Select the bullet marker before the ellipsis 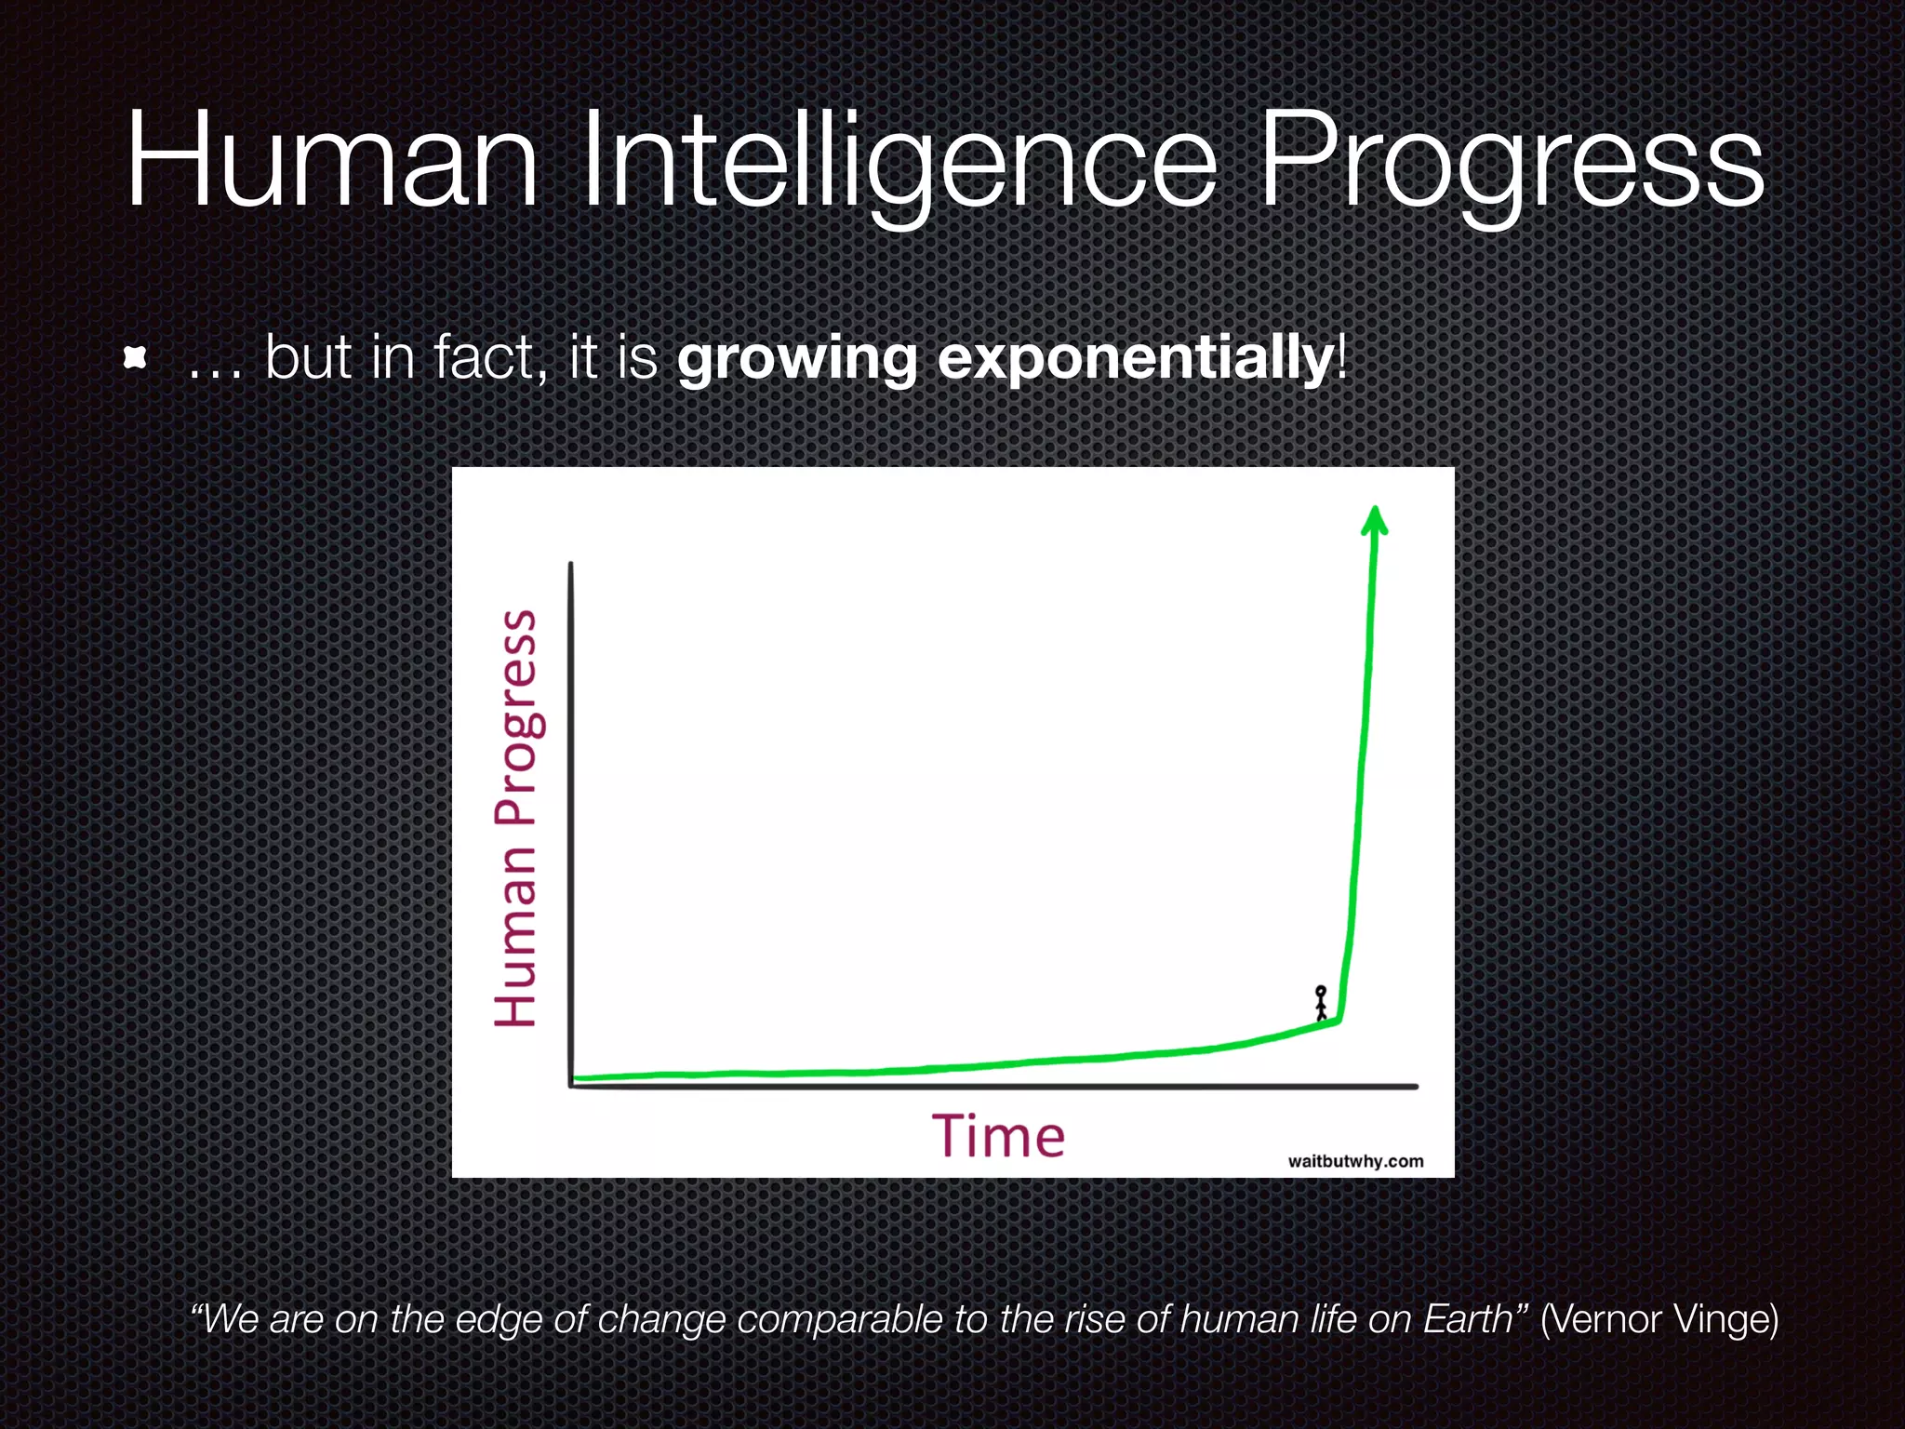click(x=136, y=358)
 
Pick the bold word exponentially click(x=1135, y=358)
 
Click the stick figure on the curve click(x=1320, y=1003)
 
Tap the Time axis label click(x=998, y=1137)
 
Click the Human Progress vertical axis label click(x=515, y=819)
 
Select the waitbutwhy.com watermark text click(x=1355, y=1161)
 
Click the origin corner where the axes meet click(x=571, y=1085)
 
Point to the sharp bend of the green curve click(x=1339, y=1021)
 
